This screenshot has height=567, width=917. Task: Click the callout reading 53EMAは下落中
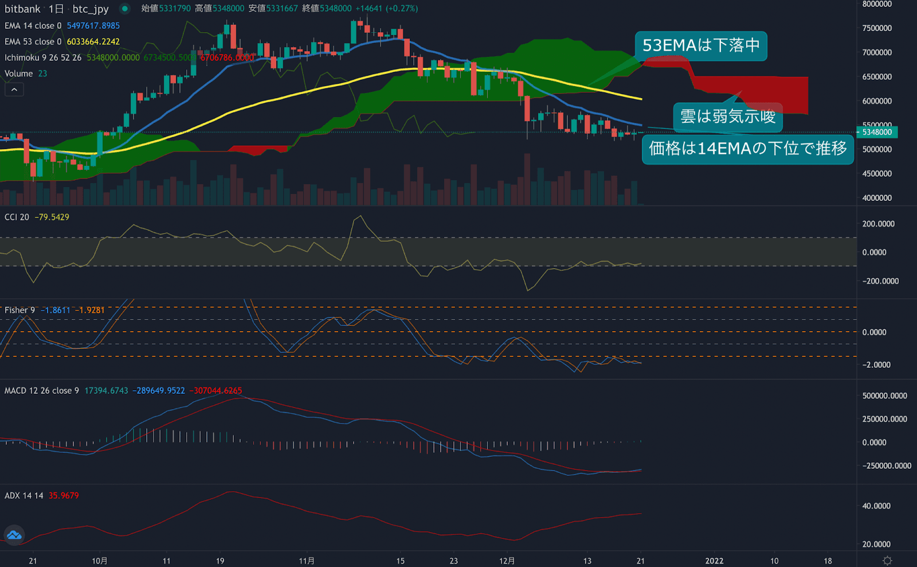tap(700, 45)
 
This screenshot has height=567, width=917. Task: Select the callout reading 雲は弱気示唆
tap(727, 116)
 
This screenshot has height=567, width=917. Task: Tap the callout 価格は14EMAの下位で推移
tap(747, 149)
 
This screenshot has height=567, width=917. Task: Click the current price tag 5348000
tap(877, 132)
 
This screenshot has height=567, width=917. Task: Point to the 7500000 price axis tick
tap(877, 28)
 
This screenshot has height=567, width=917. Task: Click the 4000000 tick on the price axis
tap(877, 198)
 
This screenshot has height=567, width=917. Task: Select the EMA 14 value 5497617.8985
tap(93, 26)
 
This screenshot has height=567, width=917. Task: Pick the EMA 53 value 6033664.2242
tap(93, 42)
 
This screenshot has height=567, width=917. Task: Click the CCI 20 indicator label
tap(17, 217)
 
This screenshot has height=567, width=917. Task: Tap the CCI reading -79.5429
tap(52, 217)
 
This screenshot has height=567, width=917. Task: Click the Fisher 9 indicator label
tap(19, 310)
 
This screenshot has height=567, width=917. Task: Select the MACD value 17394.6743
tap(106, 390)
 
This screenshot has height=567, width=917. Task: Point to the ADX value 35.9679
tap(64, 495)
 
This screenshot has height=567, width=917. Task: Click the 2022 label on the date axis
tap(714, 561)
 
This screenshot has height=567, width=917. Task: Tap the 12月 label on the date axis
tap(507, 561)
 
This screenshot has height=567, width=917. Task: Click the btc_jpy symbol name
tap(91, 9)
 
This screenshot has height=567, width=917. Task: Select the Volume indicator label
tap(18, 73)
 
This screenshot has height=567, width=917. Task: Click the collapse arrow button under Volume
tap(14, 90)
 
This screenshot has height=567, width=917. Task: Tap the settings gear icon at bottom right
tap(887, 561)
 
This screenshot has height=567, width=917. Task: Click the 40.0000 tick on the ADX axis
tap(876, 506)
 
